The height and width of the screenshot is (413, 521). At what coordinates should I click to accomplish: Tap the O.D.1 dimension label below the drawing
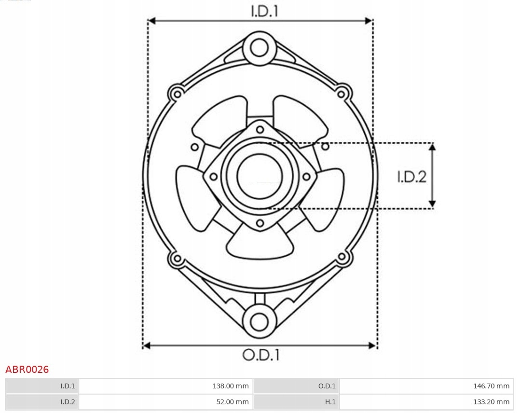pyautogui.click(x=261, y=355)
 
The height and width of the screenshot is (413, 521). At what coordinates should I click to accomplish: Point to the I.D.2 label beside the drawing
pyautogui.click(x=411, y=177)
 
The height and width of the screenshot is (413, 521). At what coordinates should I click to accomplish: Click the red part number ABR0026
pyautogui.click(x=27, y=370)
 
